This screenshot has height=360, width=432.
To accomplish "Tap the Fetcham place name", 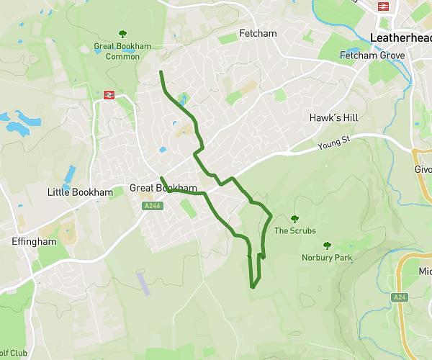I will [x=258, y=34].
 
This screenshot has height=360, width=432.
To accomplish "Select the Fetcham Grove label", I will [x=372, y=55].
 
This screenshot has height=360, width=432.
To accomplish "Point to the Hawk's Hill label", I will [x=333, y=117].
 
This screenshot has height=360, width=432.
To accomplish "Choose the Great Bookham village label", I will [x=163, y=189].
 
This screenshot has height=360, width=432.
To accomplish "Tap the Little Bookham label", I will [x=80, y=192].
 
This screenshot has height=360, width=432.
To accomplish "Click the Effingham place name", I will [x=34, y=242].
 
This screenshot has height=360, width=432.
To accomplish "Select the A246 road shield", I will [x=153, y=206].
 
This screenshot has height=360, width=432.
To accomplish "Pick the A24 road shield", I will [x=400, y=297].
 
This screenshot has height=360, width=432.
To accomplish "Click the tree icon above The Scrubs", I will [x=294, y=219].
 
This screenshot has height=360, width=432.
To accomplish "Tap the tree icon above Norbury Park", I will [x=327, y=245].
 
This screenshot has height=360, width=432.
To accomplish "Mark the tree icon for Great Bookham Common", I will [x=122, y=33].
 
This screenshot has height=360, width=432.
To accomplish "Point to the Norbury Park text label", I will [x=326, y=257].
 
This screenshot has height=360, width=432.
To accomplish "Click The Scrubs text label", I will [x=295, y=231].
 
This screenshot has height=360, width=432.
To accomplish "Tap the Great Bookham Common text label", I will [x=122, y=51].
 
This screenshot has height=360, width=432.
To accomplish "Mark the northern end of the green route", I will [x=161, y=73].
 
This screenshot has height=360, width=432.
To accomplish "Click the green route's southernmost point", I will [x=252, y=287].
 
